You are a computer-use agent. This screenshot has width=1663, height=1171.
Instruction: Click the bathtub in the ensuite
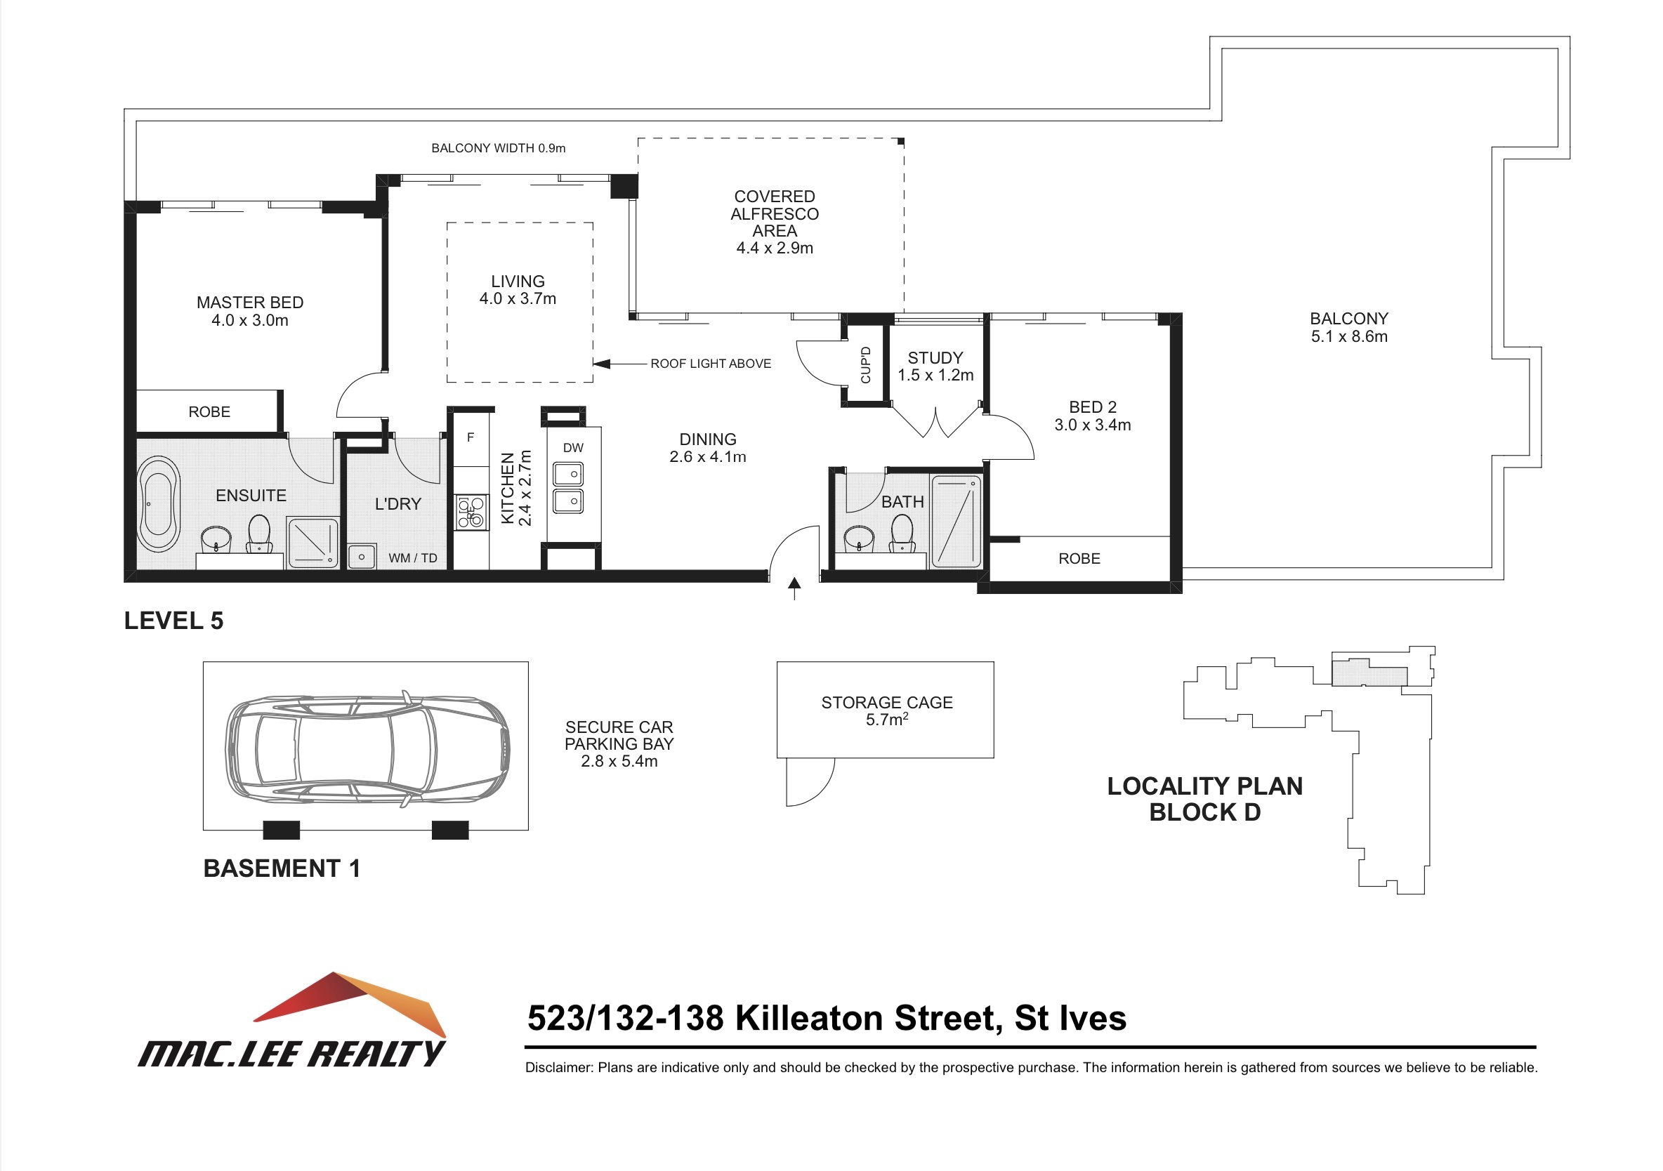(159, 503)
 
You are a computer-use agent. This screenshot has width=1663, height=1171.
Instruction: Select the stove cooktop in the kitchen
(471, 512)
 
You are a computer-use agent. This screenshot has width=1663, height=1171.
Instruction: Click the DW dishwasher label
(573, 447)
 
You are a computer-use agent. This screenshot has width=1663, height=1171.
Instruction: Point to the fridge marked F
(471, 437)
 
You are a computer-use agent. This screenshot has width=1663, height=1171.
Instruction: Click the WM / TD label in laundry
(413, 557)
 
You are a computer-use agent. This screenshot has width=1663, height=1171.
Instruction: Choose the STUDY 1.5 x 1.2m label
(936, 366)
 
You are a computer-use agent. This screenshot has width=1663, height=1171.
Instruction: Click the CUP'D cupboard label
(865, 365)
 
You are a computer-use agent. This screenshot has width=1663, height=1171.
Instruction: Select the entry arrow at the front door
(794, 589)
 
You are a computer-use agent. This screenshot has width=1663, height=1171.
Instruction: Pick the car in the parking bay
(368, 748)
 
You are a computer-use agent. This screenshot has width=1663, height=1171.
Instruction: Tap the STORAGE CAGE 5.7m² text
(886, 710)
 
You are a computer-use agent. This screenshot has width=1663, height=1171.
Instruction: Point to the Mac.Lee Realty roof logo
(350, 1004)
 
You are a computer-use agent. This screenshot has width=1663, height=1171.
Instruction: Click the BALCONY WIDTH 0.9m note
(499, 147)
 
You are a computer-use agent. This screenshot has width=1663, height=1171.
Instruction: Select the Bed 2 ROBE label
(1079, 558)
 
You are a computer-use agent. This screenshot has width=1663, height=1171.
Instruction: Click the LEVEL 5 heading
(174, 621)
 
